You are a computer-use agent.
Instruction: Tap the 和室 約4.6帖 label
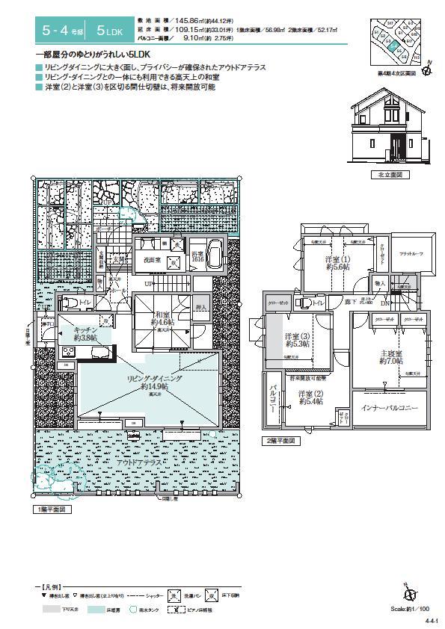[x=162, y=320]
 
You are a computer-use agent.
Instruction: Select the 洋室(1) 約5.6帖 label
[x=337, y=264]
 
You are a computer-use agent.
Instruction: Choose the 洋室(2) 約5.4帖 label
[x=310, y=397]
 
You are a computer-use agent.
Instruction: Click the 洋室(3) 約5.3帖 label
[x=297, y=341]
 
